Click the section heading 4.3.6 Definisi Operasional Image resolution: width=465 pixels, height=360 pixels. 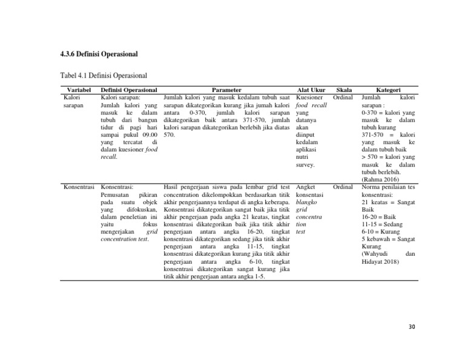(x=99, y=54)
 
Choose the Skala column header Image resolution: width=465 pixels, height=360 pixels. (x=343, y=90)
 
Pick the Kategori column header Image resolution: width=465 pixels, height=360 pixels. (x=387, y=90)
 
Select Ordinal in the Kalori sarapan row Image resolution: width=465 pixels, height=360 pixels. (x=343, y=97)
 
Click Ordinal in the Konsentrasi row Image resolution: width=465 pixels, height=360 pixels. (x=343, y=187)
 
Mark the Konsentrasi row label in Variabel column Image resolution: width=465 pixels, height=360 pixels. (x=79, y=187)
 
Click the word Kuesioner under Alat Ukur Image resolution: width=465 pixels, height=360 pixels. (x=312, y=97)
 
